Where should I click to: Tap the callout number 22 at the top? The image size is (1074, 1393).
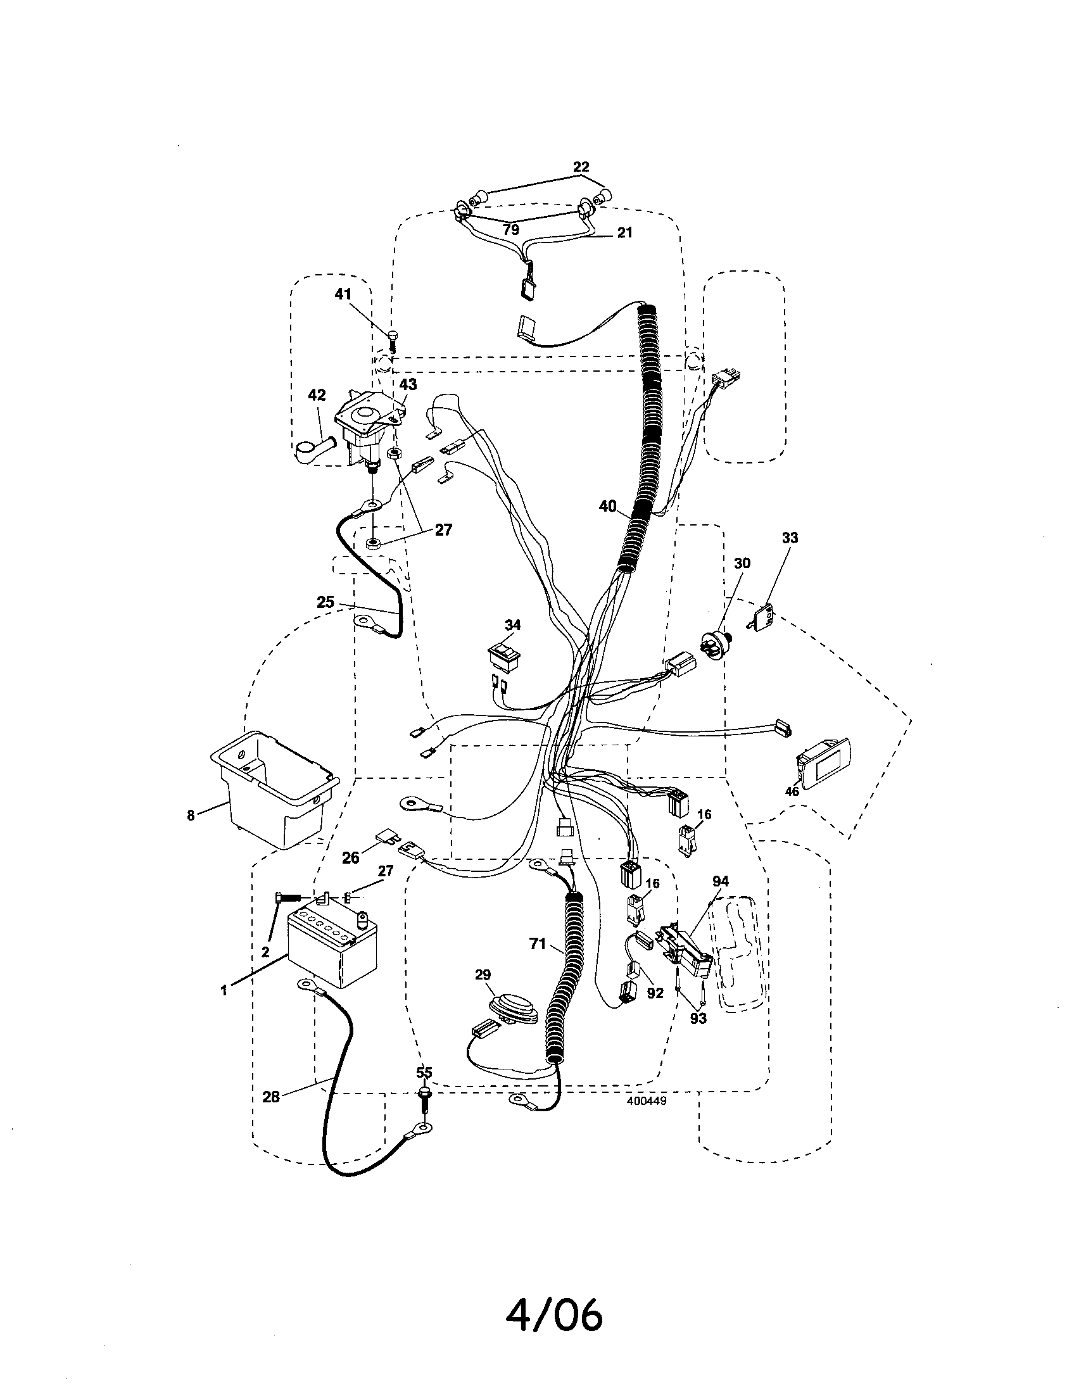click(x=581, y=167)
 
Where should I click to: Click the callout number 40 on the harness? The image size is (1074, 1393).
click(x=608, y=507)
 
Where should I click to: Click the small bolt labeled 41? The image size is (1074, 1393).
click(x=392, y=340)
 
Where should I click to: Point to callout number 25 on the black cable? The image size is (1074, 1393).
click(x=325, y=602)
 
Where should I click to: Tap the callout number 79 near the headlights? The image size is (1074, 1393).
click(x=511, y=229)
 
